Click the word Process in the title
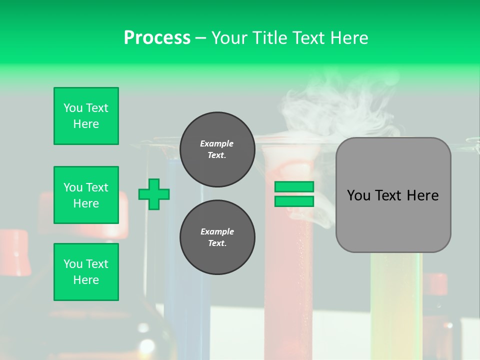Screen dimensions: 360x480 (157, 38)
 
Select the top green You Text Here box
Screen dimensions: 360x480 (86, 116)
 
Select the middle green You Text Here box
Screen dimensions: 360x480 (86, 195)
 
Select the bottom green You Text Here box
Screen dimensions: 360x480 (86, 272)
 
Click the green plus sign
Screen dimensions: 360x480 (154, 194)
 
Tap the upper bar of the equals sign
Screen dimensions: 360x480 (294, 186)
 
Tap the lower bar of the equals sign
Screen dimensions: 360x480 (294, 201)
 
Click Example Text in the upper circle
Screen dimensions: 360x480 (217, 149)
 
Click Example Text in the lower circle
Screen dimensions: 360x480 (217, 237)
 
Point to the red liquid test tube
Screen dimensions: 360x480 (289, 280)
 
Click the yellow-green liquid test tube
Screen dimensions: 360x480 (395, 300)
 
